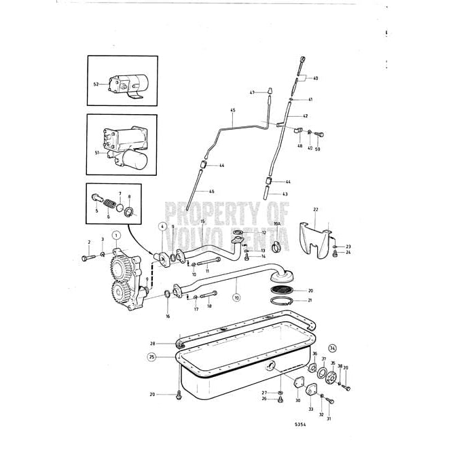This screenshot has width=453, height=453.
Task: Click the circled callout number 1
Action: tap(116, 235)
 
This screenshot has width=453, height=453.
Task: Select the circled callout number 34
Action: tap(333, 349)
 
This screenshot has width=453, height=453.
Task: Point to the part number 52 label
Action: tap(96, 84)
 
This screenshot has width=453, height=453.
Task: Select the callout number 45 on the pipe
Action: tap(232, 110)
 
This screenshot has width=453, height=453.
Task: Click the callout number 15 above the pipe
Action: tap(202, 221)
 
